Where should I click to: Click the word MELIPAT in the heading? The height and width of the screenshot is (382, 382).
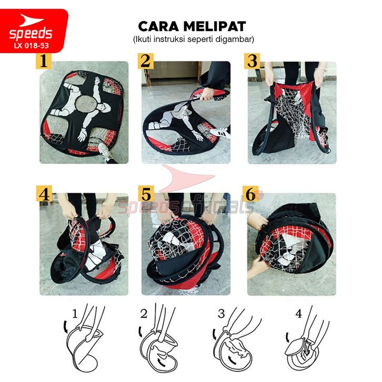click(215, 26)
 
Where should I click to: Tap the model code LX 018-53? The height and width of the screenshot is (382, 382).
click(32, 46)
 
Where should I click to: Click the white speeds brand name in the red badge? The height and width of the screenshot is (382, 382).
click(31, 34)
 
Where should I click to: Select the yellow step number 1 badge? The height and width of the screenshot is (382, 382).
click(44, 61)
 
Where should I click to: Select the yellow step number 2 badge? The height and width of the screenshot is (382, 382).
click(145, 61)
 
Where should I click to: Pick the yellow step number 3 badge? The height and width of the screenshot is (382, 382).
click(252, 61)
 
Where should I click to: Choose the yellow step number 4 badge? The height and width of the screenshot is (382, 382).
click(44, 194)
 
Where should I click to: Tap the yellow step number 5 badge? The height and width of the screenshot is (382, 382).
click(146, 194)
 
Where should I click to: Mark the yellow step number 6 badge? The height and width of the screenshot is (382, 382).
click(250, 194)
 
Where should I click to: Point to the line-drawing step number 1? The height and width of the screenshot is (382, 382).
click(75, 314)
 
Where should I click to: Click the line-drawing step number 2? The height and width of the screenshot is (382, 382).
click(144, 314)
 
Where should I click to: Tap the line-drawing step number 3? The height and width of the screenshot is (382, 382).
click(221, 314)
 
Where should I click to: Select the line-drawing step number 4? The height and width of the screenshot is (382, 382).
click(299, 314)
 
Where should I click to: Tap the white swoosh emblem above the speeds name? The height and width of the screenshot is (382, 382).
click(29, 20)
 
